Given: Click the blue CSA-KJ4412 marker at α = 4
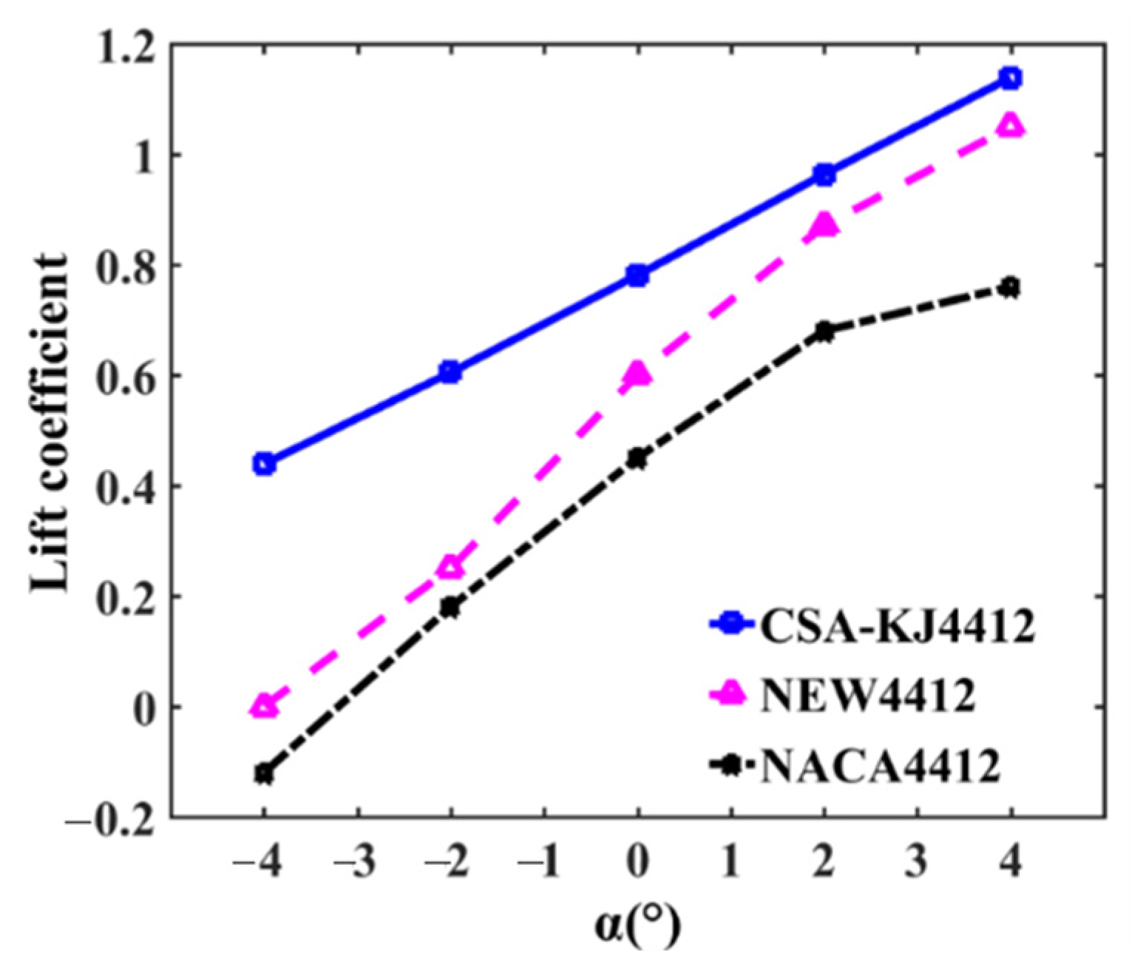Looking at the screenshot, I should [1010, 78].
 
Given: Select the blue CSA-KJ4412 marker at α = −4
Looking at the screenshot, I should [264, 464].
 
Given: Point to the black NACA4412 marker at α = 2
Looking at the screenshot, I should [824, 332].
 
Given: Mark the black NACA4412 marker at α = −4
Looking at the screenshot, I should [264, 774].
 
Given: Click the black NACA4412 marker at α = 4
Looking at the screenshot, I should [1010, 287].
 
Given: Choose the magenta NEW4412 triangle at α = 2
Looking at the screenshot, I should [824, 224].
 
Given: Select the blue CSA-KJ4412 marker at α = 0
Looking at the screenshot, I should [637, 276].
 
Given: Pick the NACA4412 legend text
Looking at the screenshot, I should [880, 766].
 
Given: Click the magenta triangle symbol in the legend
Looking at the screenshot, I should [731, 694].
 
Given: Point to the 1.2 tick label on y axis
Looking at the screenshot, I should [125, 46].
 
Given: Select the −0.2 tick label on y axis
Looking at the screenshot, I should [111, 819].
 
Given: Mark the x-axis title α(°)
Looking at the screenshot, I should [637, 926].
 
